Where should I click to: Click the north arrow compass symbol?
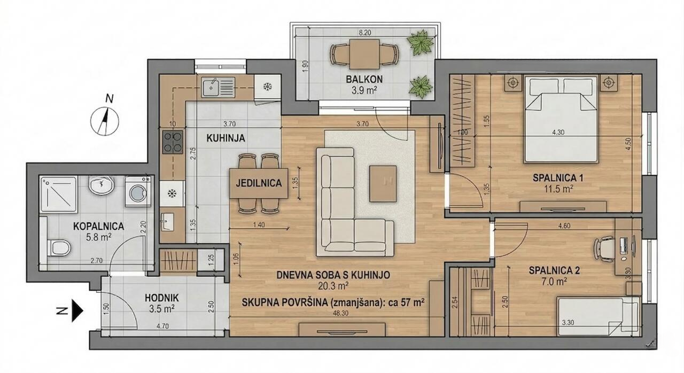coord(105,120)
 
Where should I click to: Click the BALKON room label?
coord(364,80)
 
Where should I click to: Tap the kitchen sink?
coord(218,87)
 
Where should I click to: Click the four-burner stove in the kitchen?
coord(172,143)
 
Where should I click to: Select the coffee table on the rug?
coord(383,183)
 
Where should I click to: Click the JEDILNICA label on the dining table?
coord(259,183)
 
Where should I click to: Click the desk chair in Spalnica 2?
coord(605,247)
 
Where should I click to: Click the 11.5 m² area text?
coord(556,189)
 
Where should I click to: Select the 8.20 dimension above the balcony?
coord(365,33)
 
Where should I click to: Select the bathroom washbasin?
coord(100,187)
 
